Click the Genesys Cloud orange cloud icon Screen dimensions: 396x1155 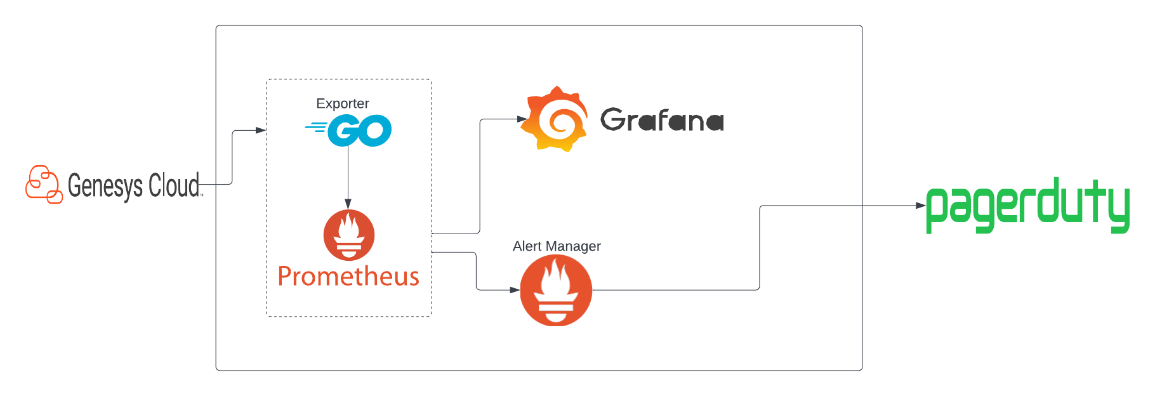[44, 185]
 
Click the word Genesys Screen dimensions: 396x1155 [105, 187]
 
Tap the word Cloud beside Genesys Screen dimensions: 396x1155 [174, 185]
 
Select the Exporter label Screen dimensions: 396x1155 [342, 103]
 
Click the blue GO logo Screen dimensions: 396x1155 [359, 131]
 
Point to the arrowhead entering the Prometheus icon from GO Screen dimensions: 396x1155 [348, 204]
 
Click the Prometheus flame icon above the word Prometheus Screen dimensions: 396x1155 [348, 235]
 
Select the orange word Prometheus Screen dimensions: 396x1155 [348, 277]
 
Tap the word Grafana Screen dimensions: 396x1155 [662, 120]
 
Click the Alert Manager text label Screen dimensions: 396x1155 [557, 246]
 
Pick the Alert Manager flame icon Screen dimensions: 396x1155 [556, 291]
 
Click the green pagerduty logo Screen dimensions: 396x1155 [1027, 204]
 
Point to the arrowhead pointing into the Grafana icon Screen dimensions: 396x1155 [522, 119]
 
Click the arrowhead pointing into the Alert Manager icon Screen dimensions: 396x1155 [515, 290]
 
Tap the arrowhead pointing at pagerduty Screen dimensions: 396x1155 [920, 206]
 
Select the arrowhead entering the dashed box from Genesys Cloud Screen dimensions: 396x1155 [260, 130]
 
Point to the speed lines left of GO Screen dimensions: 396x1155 [315, 128]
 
